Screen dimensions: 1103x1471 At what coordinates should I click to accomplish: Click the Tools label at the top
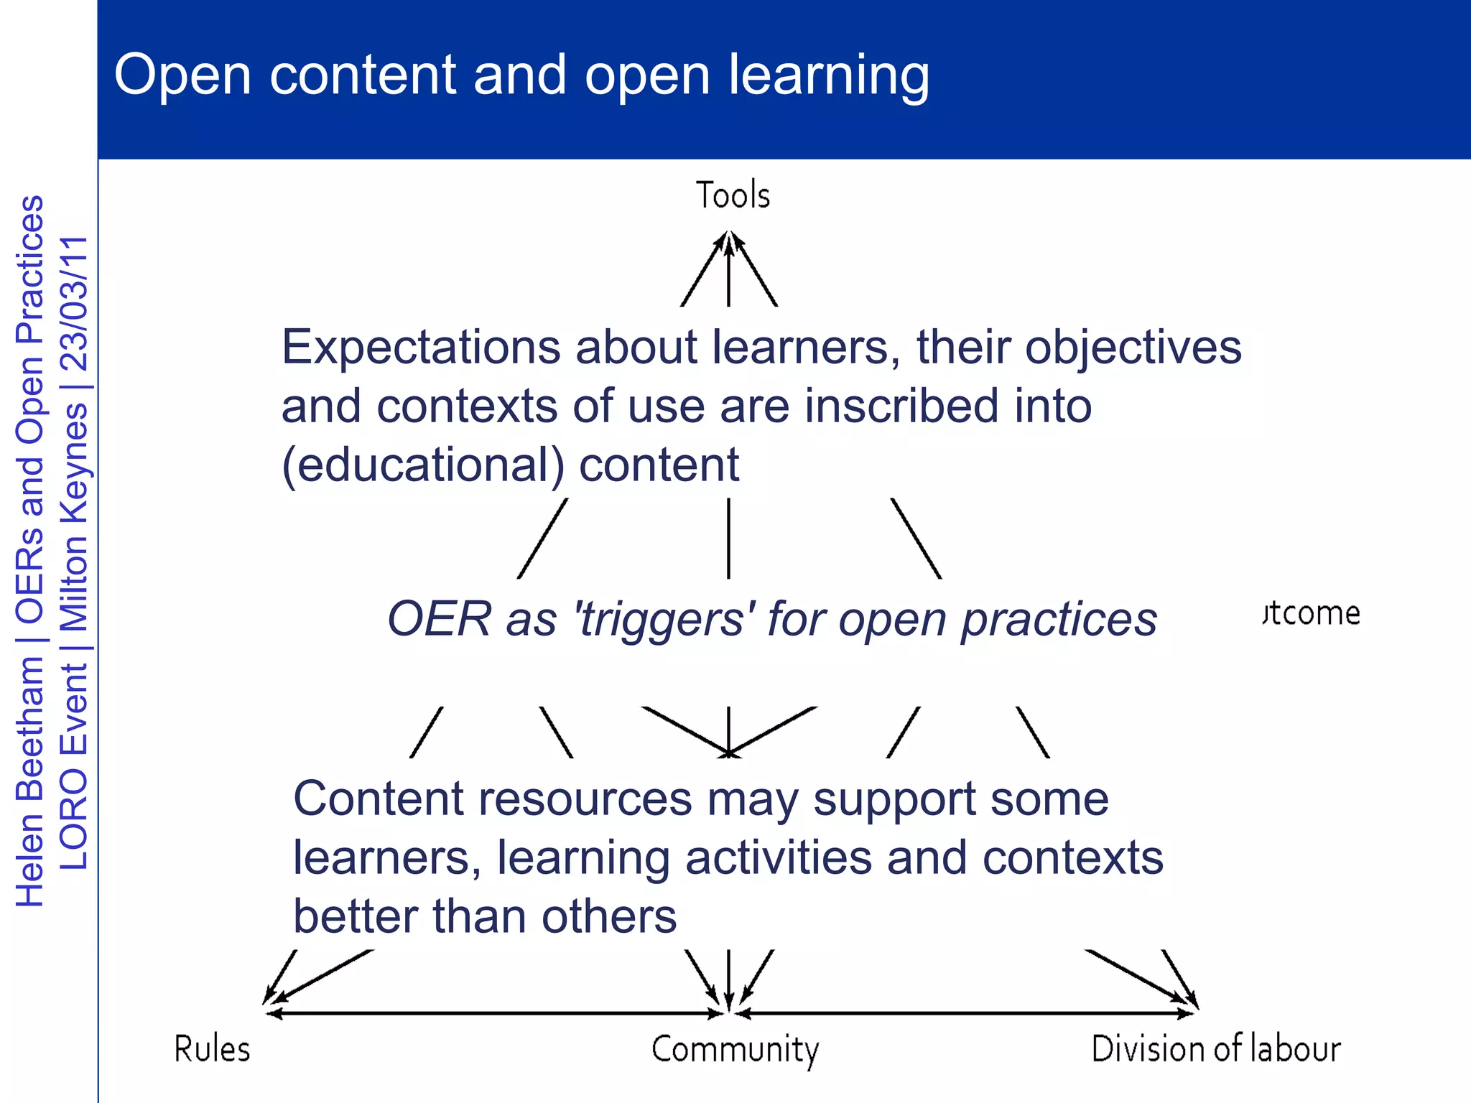click(733, 195)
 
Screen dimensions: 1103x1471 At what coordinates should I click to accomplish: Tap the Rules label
click(212, 1049)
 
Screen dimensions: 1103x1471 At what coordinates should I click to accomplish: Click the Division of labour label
click(1215, 1049)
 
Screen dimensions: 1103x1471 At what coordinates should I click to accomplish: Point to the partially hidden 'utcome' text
click(1312, 613)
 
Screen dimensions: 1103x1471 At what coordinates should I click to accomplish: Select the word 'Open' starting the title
click(182, 75)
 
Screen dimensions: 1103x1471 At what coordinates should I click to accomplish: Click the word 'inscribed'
click(902, 406)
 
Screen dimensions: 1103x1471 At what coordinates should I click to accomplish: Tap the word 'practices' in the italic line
click(1059, 619)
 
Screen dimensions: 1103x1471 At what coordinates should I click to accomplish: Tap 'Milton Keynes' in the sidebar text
click(74, 517)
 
